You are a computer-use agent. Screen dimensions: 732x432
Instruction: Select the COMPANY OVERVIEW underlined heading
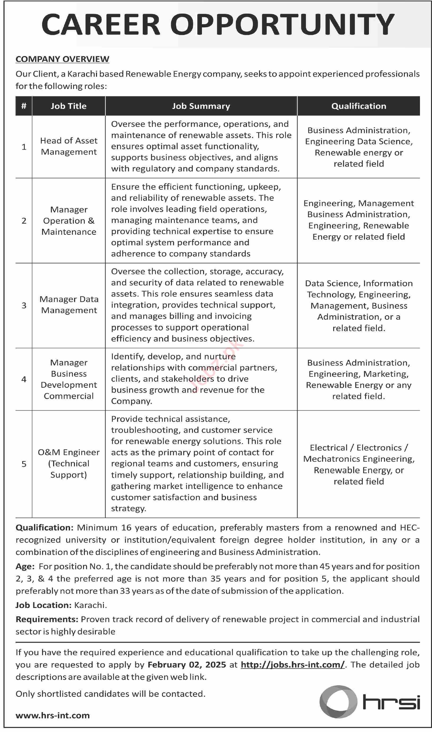(62, 59)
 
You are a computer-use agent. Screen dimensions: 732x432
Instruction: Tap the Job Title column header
(68, 106)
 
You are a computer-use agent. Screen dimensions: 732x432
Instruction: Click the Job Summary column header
(201, 106)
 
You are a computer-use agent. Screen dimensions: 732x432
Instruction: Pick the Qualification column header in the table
(359, 106)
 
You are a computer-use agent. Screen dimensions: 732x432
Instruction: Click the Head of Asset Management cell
(69, 146)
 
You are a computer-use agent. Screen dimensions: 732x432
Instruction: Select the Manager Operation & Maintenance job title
(69, 221)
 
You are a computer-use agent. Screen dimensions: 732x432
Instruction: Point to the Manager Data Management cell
(69, 305)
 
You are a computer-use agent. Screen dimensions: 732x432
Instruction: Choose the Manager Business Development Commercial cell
(69, 379)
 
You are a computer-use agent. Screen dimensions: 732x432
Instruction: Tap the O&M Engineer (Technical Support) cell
(69, 463)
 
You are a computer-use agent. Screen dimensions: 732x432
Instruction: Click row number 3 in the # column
(24, 305)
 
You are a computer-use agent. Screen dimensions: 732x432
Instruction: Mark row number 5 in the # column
(24, 464)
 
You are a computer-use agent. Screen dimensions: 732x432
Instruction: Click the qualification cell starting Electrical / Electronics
(359, 464)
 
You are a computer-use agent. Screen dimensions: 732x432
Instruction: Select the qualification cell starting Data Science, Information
(359, 306)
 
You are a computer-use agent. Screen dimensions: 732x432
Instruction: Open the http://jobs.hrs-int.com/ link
(293, 665)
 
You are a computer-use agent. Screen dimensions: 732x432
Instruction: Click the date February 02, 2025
(187, 665)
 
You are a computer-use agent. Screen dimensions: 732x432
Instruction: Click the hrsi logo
(370, 702)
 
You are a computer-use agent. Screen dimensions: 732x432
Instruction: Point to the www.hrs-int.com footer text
(53, 715)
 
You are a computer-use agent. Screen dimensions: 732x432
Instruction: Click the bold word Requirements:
(47, 619)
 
